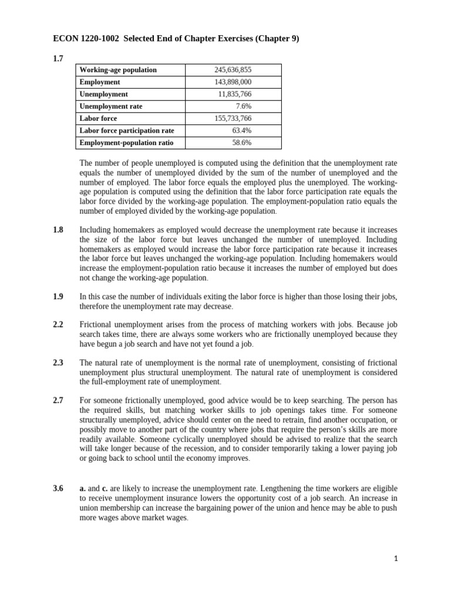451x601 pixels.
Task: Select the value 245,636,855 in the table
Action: [x=233, y=70]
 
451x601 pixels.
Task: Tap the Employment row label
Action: [x=100, y=82]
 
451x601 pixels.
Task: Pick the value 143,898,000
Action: [x=233, y=82]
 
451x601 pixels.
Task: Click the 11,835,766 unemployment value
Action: [x=235, y=94]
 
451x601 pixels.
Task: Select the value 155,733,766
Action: [x=233, y=119]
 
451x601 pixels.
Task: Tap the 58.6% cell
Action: [x=242, y=143]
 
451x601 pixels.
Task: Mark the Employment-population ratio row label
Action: [x=126, y=143]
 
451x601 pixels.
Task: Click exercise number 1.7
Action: [x=58, y=58]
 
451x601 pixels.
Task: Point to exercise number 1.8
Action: [x=58, y=230]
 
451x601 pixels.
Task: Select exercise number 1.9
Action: [x=58, y=297]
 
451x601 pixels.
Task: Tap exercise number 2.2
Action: [x=58, y=324]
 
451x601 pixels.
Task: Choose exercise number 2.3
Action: [x=58, y=363]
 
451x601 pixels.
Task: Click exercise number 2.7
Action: [x=58, y=400]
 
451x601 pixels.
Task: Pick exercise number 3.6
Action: [x=58, y=488]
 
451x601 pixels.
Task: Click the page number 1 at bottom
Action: [x=396, y=559]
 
